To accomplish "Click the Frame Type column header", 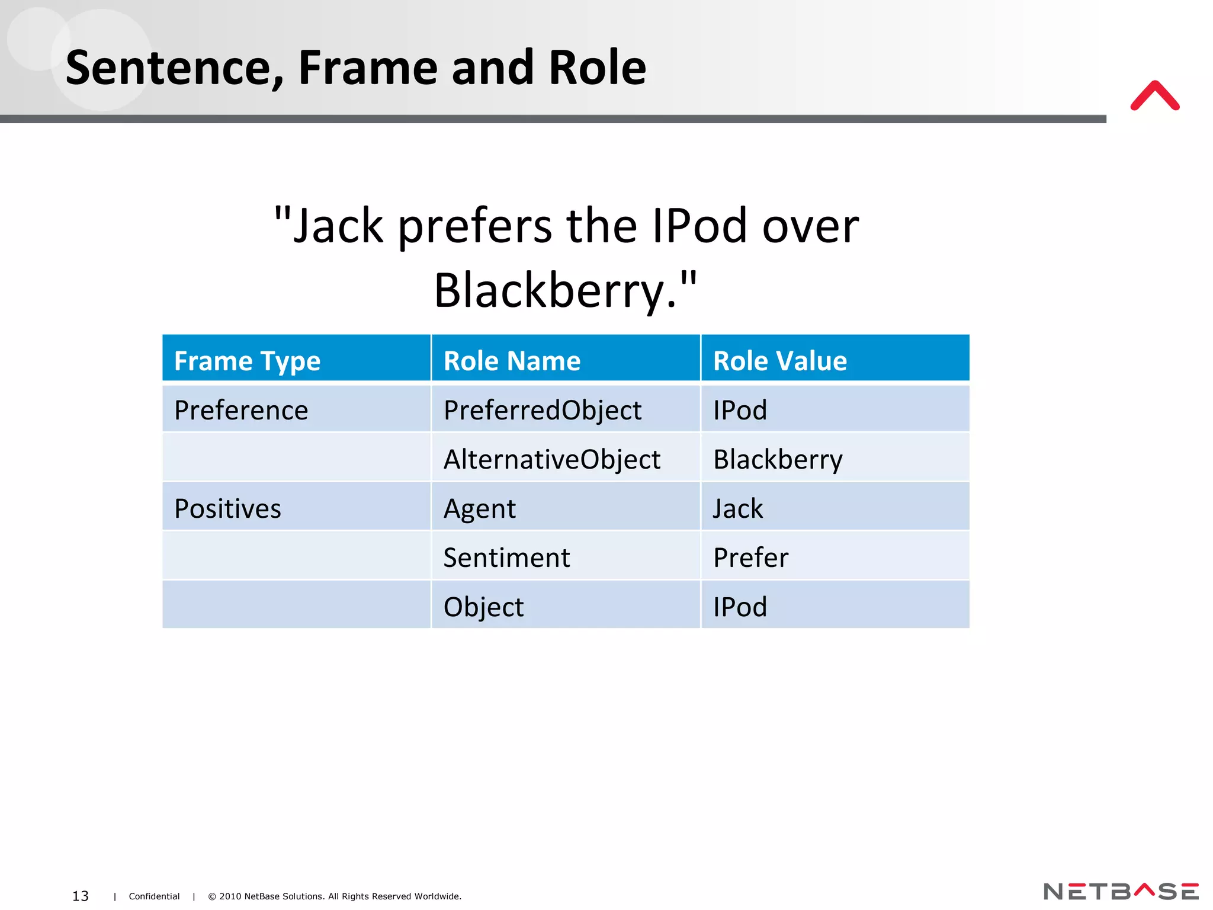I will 247,361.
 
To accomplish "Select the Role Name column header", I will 512,361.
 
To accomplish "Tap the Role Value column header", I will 779,361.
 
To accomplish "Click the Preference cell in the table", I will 241,410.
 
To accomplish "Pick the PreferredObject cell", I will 542,410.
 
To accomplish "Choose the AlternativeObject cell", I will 551,459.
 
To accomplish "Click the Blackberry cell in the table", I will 777,459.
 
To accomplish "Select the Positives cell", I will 227,508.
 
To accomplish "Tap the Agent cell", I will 480,508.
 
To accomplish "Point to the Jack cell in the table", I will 738,508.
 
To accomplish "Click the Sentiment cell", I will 506,557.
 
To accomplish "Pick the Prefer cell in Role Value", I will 750,557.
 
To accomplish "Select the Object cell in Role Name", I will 483,607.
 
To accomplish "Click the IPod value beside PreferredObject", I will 740,410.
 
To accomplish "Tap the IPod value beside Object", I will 740,607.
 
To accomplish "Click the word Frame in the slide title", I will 368,68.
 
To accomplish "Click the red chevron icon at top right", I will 1154,96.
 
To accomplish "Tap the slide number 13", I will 80,896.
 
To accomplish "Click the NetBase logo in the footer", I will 1121,892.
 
